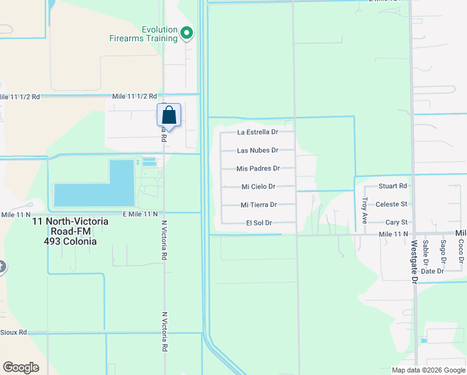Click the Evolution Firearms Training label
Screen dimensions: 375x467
click(x=160, y=34)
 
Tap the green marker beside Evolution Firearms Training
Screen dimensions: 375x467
click(x=187, y=32)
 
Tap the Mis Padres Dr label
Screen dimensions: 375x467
click(x=257, y=169)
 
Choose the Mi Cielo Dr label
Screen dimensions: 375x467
click(x=258, y=187)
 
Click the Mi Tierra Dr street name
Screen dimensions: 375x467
click(x=258, y=205)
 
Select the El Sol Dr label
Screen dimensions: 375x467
click(x=258, y=223)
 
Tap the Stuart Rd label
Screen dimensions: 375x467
click(x=393, y=186)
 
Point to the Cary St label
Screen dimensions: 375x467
click(x=396, y=222)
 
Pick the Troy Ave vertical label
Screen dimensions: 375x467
click(x=365, y=210)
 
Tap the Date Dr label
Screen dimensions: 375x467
click(x=432, y=271)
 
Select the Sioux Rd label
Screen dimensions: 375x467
click(x=14, y=332)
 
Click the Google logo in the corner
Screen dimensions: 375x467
click(x=21, y=367)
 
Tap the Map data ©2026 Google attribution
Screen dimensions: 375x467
click(x=428, y=370)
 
